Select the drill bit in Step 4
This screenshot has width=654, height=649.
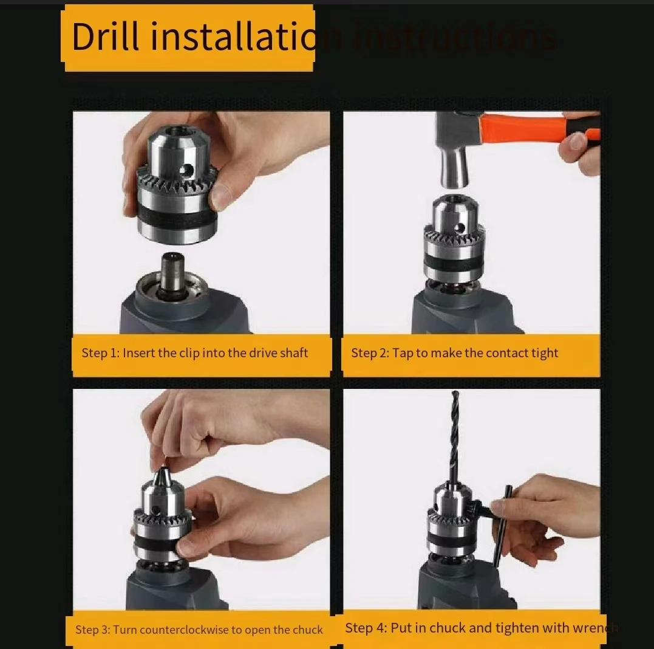click(x=456, y=438)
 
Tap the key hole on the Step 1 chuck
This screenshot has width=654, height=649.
click(x=189, y=169)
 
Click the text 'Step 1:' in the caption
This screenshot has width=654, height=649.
click(x=100, y=353)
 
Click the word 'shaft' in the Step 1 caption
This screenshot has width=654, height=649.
click(x=294, y=353)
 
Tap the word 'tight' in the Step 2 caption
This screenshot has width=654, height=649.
click(x=544, y=353)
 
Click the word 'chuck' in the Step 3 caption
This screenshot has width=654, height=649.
click(x=307, y=630)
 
